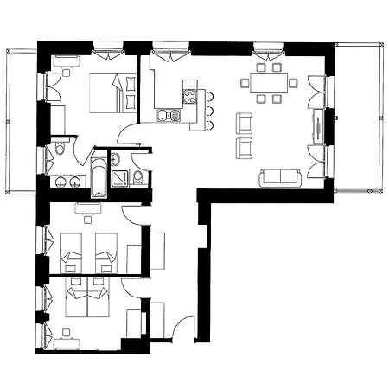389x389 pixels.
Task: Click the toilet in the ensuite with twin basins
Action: [59, 152]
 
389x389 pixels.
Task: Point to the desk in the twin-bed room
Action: [85, 207]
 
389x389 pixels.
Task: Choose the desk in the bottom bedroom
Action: [68, 344]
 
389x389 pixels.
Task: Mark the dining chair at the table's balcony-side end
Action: [294, 83]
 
